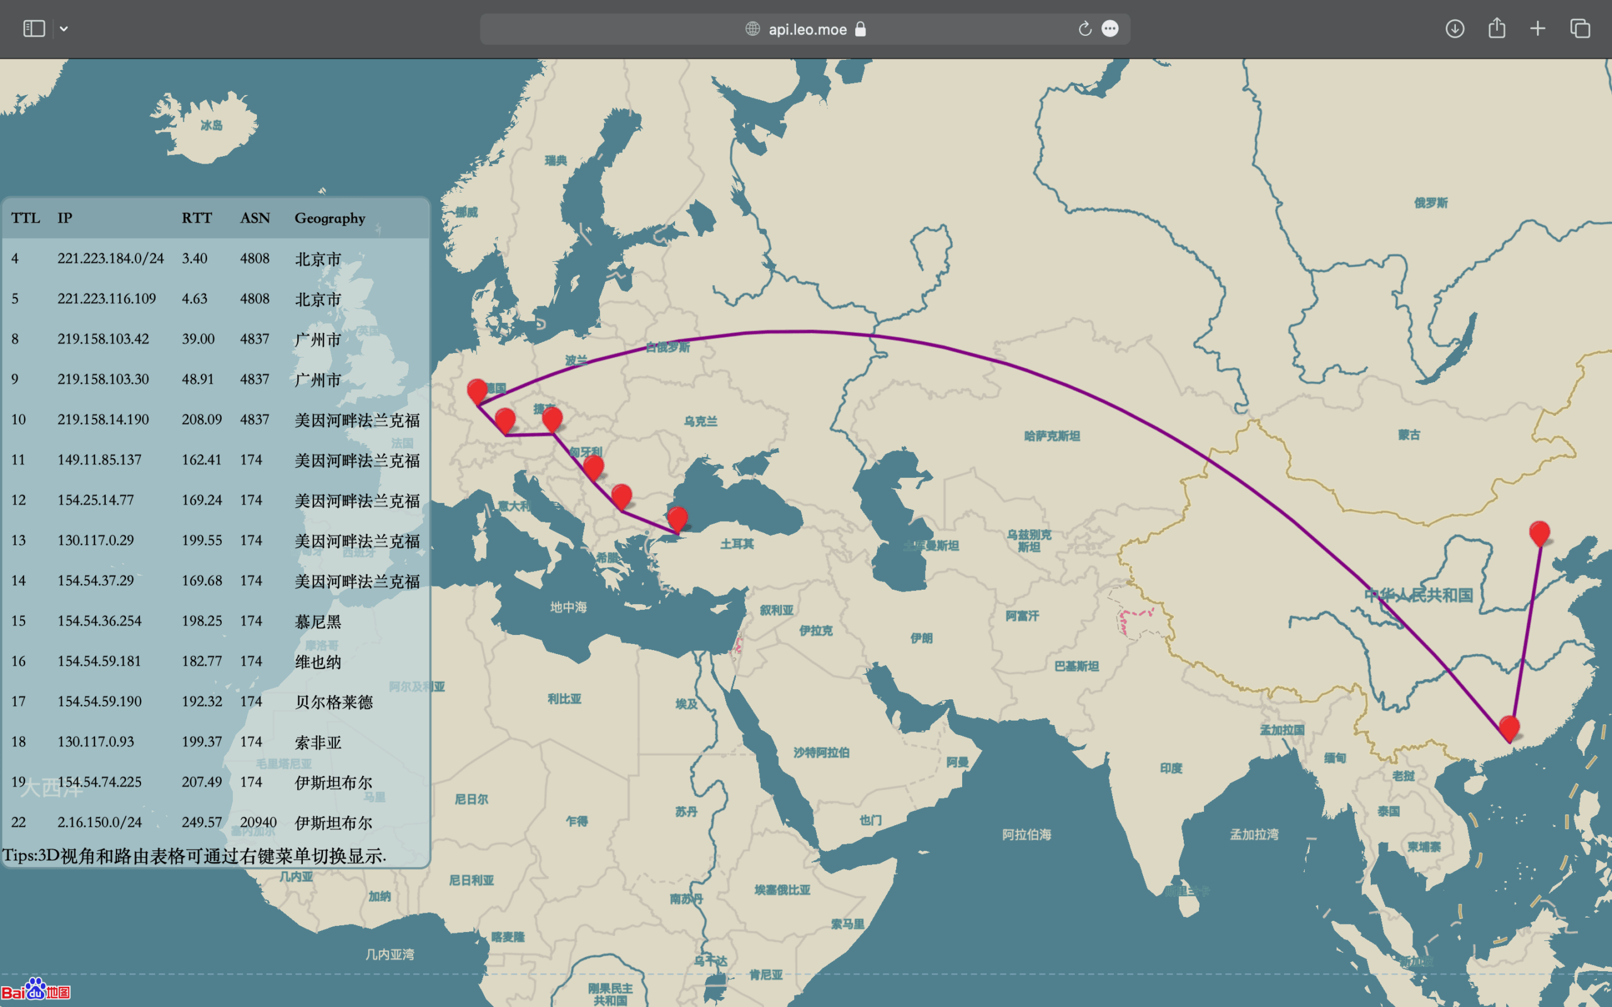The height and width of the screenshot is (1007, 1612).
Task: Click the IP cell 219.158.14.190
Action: click(103, 420)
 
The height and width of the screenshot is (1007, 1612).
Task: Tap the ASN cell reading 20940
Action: click(258, 822)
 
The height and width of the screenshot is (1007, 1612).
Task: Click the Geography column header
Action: click(330, 218)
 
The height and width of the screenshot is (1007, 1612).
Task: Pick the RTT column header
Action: click(196, 218)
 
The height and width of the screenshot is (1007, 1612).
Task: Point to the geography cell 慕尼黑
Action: click(318, 621)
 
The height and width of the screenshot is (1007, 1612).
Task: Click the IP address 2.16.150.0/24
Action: click(99, 822)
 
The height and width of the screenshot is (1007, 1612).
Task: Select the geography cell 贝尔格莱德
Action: click(333, 702)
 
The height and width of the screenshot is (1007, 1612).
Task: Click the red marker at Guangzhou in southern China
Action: click(1509, 728)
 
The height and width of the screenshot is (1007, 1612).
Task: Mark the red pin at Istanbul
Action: click(677, 519)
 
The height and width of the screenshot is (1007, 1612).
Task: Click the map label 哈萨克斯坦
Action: click(1052, 436)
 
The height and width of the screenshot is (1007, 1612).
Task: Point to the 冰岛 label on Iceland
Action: click(211, 125)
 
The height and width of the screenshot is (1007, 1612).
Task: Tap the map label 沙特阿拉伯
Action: click(820, 753)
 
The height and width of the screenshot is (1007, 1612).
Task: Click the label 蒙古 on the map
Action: click(1408, 435)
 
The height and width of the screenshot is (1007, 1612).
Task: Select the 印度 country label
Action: click(1171, 768)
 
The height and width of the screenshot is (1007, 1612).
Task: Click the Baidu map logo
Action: click(35, 991)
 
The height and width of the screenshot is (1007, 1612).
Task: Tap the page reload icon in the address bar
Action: click(1084, 30)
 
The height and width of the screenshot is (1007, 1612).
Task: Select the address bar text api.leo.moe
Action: click(807, 30)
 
